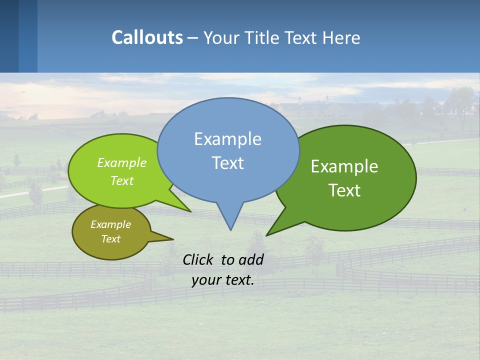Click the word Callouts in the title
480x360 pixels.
(x=147, y=37)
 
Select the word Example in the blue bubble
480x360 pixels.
(x=227, y=139)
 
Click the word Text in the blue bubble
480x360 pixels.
(x=227, y=163)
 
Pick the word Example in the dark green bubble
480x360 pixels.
(x=344, y=166)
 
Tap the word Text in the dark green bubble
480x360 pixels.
(x=344, y=190)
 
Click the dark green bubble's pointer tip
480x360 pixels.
(x=266, y=235)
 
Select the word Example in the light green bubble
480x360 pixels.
(x=122, y=162)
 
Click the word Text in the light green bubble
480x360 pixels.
(x=122, y=180)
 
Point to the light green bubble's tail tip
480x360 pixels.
(x=190, y=211)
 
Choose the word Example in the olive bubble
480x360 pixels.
(x=110, y=224)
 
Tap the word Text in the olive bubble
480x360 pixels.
(x=110, y=239)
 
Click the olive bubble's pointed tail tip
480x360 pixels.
(x=173, y=238)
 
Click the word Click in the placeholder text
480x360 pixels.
(x=199, y=259)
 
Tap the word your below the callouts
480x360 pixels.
(x=206, y=280)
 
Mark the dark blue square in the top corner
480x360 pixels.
(x=9, y=36)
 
